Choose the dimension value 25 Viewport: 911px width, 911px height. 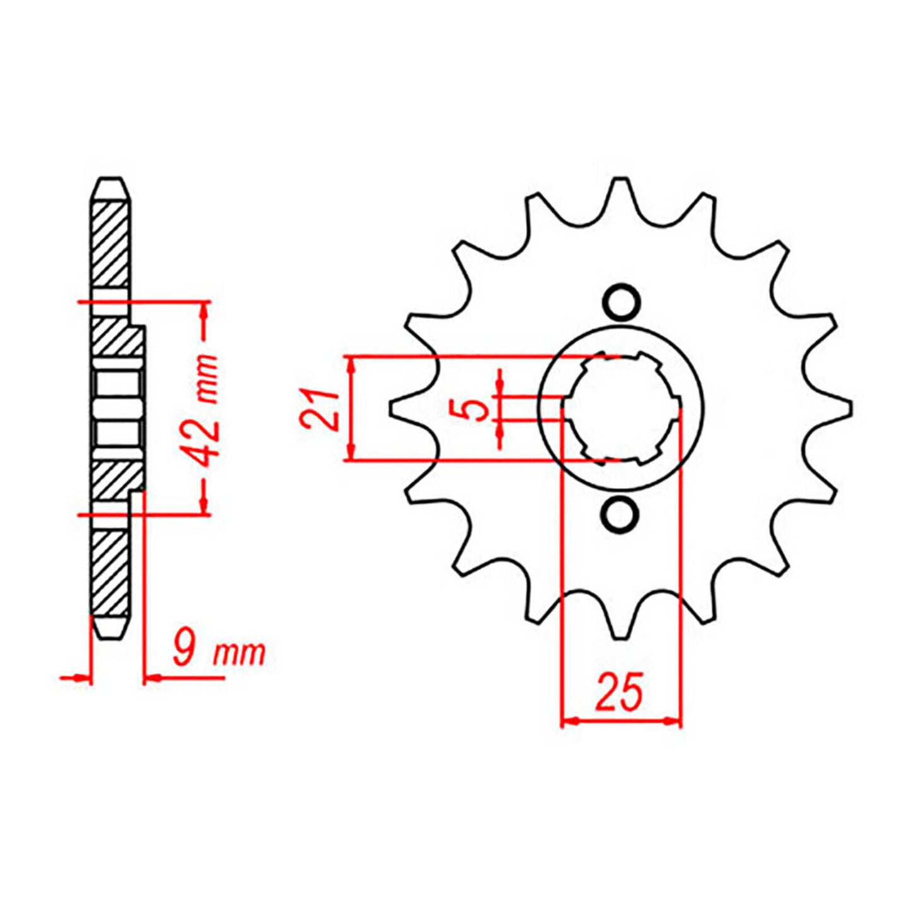point(620,692)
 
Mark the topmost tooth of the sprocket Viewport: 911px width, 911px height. point(621,189)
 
